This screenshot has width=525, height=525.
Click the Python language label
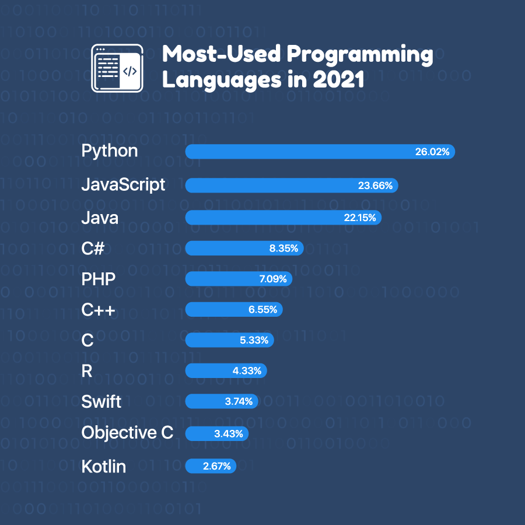(x=110, y=152)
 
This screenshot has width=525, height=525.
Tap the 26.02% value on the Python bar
(x=432, y=152)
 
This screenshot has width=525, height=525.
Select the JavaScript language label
(x=123, y=185)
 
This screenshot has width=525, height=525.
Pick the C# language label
(x=93, y=249)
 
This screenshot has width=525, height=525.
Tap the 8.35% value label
(x=283, y=249)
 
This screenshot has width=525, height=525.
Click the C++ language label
(x=98, y=310)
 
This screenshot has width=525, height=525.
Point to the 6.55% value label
(x=262, y=310)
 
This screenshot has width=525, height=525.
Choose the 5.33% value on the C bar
(x=254, y=340)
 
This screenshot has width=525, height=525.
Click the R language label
(x=87, y=371)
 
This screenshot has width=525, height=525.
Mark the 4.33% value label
(x=247, y=371)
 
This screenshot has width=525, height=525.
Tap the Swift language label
(x=101, y=401)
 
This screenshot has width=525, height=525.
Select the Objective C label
(x=127, y=433)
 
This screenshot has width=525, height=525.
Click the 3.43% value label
(x=229, y=433)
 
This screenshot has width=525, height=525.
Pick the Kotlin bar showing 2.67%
(x=211, y=466)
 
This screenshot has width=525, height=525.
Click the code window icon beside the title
(x=117, y=68)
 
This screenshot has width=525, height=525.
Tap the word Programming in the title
(x=359, y=55)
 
